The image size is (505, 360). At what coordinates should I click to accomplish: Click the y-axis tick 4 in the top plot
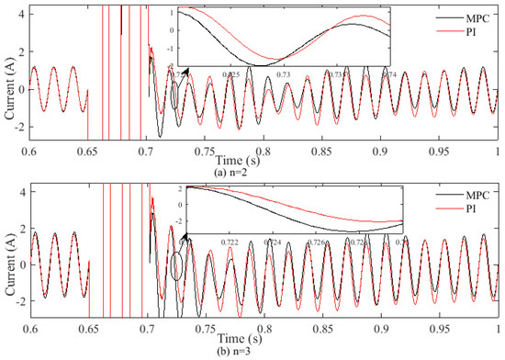tap(21, 11)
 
